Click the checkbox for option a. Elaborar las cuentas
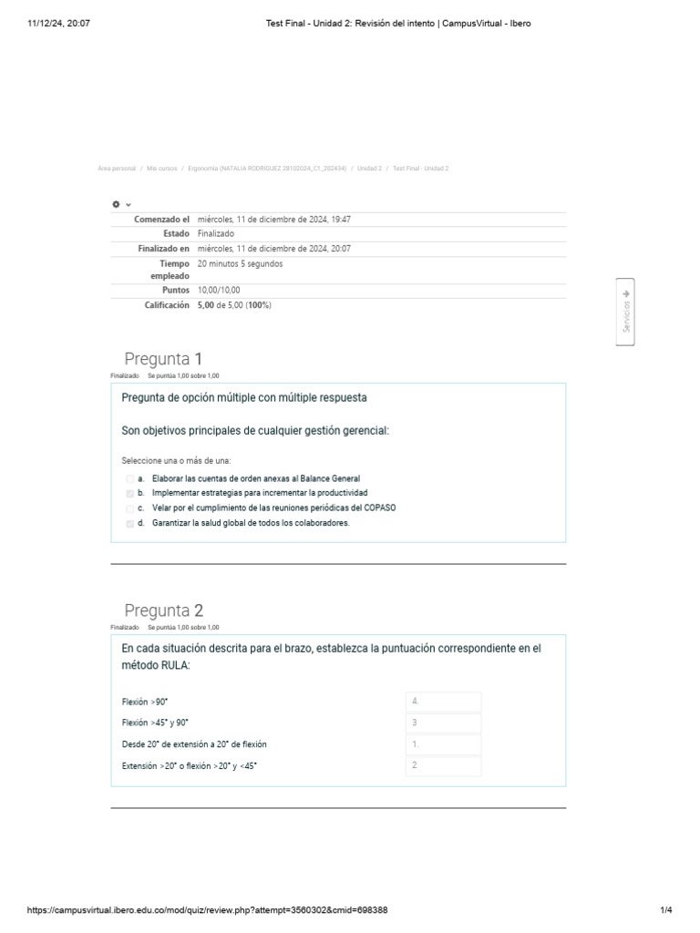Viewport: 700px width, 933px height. (129, 478)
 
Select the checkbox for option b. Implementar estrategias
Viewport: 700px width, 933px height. (129, 493)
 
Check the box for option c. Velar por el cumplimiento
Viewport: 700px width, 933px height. (129, 508)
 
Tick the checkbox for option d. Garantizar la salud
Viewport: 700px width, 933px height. (129, 524)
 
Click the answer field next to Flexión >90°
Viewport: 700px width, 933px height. (443, 702)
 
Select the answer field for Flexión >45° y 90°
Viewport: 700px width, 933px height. (443, 723)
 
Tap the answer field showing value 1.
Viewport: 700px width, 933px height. (443, 744)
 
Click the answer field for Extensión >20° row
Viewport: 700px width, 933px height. (443, 765)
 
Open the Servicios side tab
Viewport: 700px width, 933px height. (625, 312)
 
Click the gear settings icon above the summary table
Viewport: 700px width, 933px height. (117, 204)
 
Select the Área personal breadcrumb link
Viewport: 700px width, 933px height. (116, 169)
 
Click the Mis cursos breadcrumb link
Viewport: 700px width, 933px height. (161, 169)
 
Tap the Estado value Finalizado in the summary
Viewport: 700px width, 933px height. (215, 234)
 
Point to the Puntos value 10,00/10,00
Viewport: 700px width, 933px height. (219, 290)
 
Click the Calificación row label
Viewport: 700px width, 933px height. (167, 305)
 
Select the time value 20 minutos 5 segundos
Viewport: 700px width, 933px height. (240, 263)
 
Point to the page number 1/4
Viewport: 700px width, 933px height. (665, 910)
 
